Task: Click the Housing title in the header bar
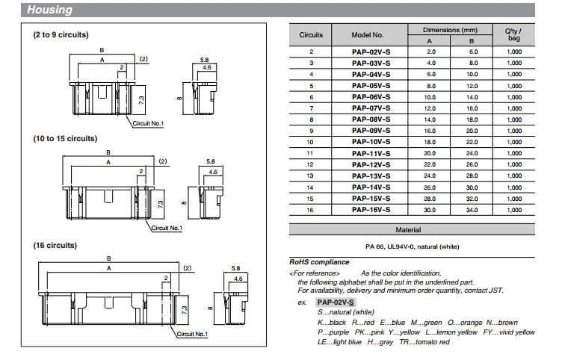51,10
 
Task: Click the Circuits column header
311,35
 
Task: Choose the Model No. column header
368,35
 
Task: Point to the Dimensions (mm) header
451,29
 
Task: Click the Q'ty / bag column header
515,34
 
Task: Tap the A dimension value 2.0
430,52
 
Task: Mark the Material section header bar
408,230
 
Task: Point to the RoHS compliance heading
319,262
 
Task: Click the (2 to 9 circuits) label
61,36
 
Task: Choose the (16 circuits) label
55,245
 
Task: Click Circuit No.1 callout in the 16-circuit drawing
192,334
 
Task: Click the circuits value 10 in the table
311,141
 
